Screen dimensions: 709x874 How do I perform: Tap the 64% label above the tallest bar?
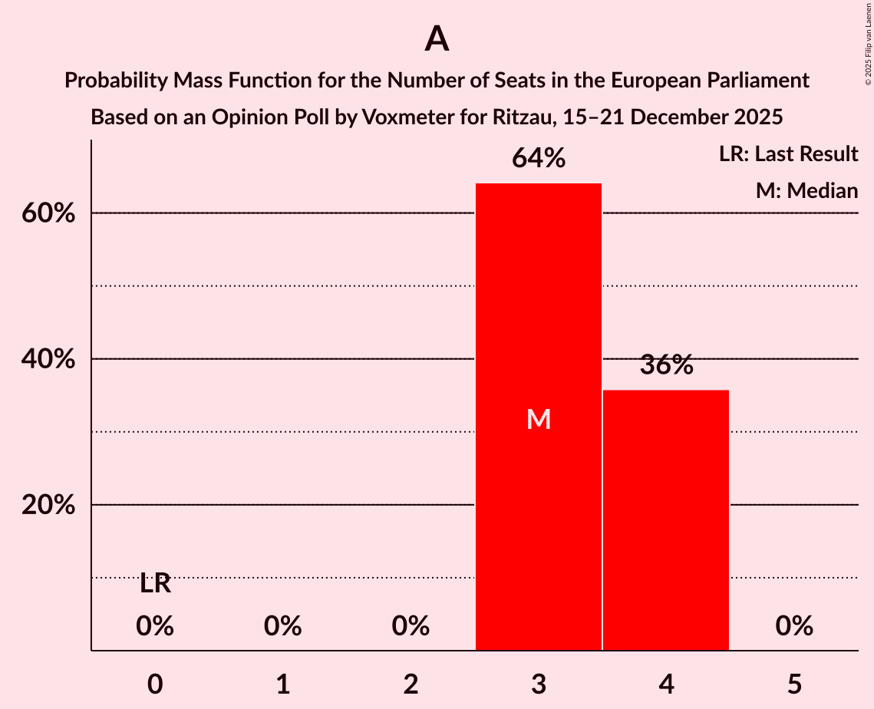pos(539,159)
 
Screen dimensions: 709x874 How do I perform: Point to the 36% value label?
pos(666,365)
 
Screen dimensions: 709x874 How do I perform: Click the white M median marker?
pos(539,419)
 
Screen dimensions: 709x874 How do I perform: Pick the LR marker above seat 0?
pos(155,584)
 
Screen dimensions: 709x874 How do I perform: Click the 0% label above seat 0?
pos(155,626)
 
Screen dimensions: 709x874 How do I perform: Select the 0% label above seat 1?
pos(282,626)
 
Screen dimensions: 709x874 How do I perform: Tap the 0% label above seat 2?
pos(411,626)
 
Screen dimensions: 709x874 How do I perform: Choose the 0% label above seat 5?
pos(793,626)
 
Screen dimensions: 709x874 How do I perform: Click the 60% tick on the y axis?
pos(48,213)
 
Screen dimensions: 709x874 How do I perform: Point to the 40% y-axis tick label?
pos(48,359)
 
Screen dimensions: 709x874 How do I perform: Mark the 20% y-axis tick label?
pos(48,505)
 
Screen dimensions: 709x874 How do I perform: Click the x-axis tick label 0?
pos(155,684)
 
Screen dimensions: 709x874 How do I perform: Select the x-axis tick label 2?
pos(411,684)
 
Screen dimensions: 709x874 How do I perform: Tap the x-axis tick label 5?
pos(793,684)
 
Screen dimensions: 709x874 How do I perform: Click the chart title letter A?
pos(437,39)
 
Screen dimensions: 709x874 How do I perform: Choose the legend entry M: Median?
pos(806,190)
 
